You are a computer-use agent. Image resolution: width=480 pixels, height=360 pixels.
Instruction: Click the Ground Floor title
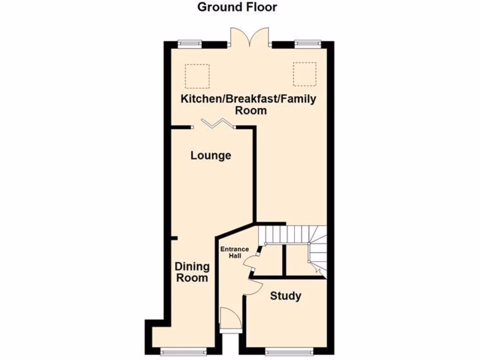click(x=237, y=7)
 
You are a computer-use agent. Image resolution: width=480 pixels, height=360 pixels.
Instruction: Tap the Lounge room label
click(x=210, y=155)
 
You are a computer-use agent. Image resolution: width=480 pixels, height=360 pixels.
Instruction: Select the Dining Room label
click(x=192, y=272)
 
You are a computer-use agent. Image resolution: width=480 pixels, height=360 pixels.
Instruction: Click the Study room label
click(x=285, y=296)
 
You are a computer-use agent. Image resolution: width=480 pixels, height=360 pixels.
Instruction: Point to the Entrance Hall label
click(x=235, y=253)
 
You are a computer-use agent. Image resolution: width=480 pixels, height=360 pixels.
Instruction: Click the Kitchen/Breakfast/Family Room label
click(x=249, y=105)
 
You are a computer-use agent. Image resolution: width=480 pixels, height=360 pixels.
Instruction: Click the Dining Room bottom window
click(x=183, y=351)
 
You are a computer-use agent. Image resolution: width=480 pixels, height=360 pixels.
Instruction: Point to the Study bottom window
click(x=286, y=351)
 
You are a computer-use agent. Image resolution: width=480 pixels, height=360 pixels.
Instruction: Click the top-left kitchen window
click(x=189, y=44)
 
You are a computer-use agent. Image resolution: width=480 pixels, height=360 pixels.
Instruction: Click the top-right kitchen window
click(x=307, y=44)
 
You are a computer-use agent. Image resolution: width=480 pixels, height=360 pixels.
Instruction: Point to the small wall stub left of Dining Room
click(x=173, y=238)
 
